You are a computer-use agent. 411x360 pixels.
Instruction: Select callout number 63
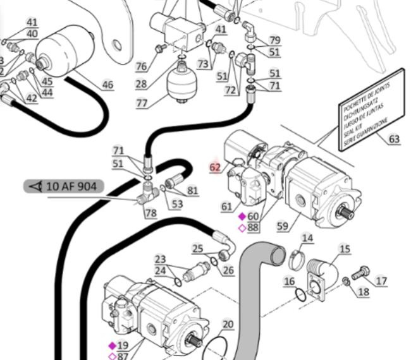point(394,139)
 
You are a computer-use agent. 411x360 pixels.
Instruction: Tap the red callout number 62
point(216,167)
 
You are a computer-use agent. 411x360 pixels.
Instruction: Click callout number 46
point(107,85)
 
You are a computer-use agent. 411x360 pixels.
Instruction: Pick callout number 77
point(142,103)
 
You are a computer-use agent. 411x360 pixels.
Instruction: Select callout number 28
point(140,84)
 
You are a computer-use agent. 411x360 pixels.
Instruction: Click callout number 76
point(141,66)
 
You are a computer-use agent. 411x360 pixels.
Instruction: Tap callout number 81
point(192,190)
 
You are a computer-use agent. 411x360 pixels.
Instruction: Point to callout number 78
point(150,213)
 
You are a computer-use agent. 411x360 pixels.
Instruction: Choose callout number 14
point(307,238)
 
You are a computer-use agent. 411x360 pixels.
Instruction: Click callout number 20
point(228,325)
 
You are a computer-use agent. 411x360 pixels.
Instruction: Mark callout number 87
point(123,356)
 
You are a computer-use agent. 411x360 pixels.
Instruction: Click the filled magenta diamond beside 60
point(242,216)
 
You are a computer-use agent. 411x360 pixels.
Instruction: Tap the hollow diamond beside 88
point(242,227)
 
